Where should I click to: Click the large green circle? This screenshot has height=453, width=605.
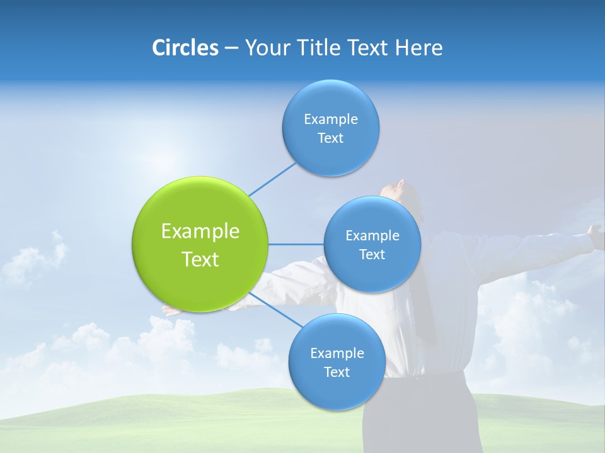coord(200,244)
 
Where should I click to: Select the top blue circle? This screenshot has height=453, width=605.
coord(330,128)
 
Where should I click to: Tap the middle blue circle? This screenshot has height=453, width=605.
coord(372,244)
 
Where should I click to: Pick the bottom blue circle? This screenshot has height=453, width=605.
coord(337,362)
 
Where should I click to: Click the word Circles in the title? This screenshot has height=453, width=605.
coord(185,48)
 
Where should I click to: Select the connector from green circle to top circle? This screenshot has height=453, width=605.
coord(272,179)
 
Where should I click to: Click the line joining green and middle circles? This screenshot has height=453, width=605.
coord(296,244)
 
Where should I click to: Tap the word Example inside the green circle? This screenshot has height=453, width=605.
coord(200,231)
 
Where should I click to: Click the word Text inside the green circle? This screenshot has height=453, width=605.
coord(200,259)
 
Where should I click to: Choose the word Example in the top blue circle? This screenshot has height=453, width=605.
coord(330,119)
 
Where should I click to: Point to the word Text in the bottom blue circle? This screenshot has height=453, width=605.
coord(337,372)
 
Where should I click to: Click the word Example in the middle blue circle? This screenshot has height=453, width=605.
coord(372,235)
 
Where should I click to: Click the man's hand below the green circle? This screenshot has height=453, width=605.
coord(171,310)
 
